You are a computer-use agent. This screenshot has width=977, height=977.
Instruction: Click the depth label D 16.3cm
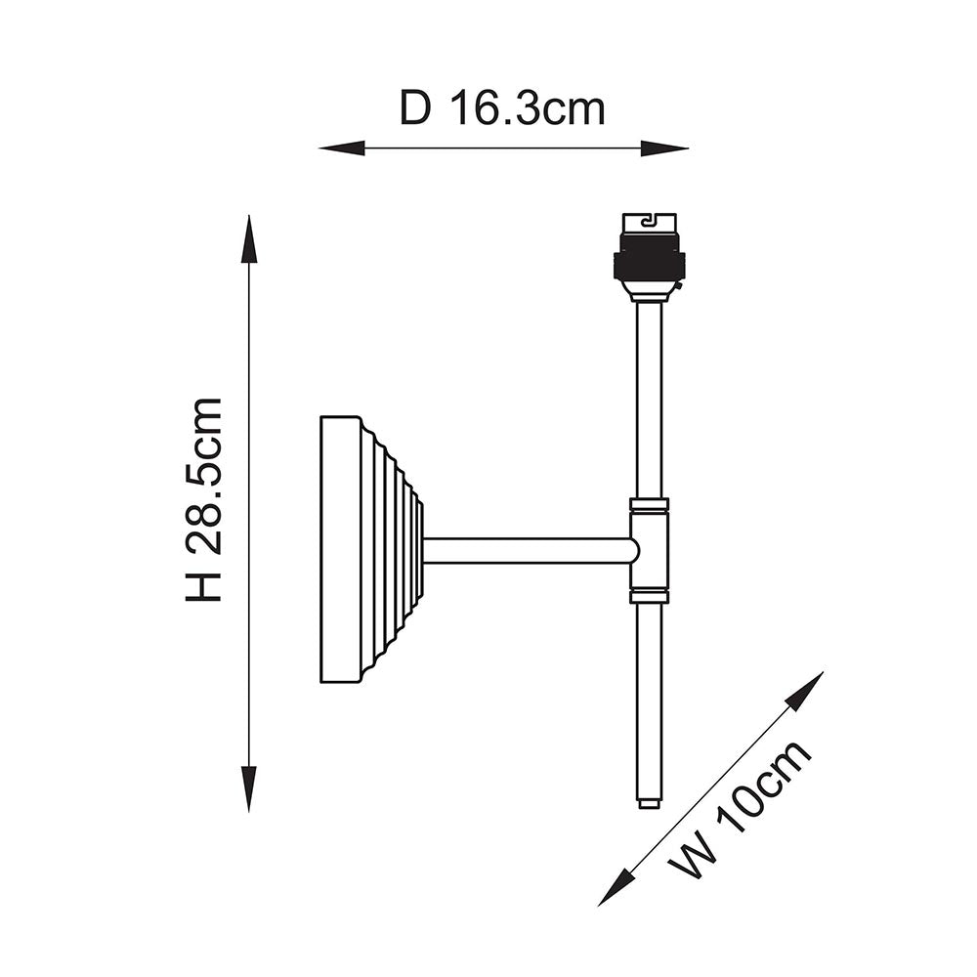[502, 108]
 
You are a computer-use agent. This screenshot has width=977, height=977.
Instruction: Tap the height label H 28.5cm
[205, 499]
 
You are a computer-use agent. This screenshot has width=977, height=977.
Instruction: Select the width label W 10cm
[741, 810]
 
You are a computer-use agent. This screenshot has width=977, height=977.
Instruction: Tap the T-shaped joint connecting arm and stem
[649, 550]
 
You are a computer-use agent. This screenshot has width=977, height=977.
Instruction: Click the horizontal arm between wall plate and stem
[528, 550]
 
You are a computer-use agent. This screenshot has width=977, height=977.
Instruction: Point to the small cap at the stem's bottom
[649, 803]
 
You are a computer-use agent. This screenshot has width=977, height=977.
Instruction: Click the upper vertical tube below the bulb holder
[649, 401]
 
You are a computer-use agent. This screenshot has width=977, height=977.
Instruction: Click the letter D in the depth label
[414, 108]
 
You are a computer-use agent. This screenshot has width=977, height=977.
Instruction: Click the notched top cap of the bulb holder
[649, 222]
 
